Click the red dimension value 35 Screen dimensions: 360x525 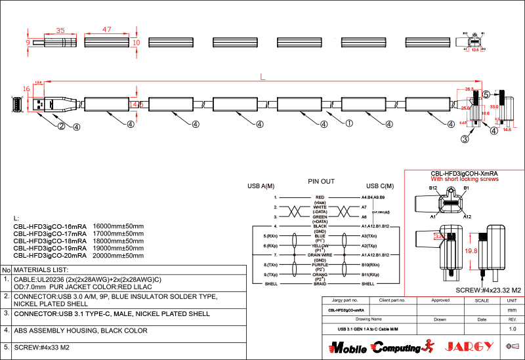[x=60, y=30]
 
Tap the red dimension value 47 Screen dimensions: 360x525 [x=106, y=30]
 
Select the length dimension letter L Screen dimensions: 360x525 [x=262, y=77]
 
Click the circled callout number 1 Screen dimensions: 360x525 [x=349, y=122]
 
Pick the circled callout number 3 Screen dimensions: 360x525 [x=465, y=139]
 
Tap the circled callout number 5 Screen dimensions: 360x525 [x=486, y=94]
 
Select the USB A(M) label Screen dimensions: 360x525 [x=261, y=186]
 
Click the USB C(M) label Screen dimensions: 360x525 [x=380, y=186]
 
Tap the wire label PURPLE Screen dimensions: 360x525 [x=320, y=264]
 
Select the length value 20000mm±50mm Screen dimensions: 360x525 [x=119, y=256]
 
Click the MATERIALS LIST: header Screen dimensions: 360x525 [x=41, y=270]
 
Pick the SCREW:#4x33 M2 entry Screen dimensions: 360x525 [x=41, y=347]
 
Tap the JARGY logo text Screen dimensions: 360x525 [x=467, y=346]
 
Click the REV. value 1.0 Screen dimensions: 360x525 [x=513, y=329]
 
